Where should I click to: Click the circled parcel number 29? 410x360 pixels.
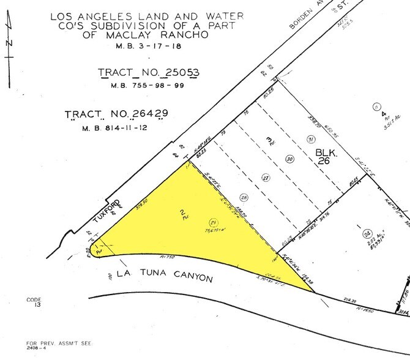pos(213,222)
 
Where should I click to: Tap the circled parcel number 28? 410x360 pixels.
pos(244,198)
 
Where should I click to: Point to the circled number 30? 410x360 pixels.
pos(289,159)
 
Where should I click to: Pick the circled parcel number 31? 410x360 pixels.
pos(311,140)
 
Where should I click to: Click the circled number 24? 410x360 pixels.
pos(367,233)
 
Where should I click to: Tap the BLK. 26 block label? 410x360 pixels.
pos(324,156)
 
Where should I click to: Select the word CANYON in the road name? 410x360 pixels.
pos(189,277)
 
